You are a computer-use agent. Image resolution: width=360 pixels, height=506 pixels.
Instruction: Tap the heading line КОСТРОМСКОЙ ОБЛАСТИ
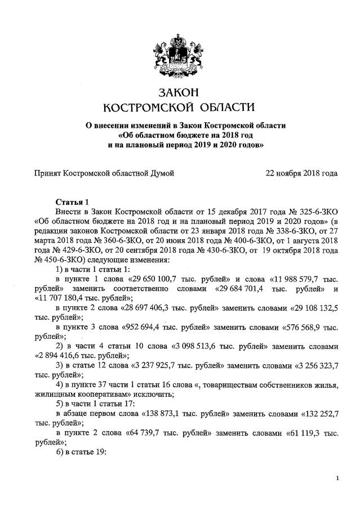pos(180,106)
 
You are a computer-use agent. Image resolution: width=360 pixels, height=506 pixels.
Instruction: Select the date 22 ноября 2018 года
pos(301,173)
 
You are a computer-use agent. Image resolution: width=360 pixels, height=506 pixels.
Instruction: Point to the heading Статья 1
pos(72,201)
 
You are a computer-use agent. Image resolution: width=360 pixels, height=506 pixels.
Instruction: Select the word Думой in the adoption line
pos(163,173)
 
